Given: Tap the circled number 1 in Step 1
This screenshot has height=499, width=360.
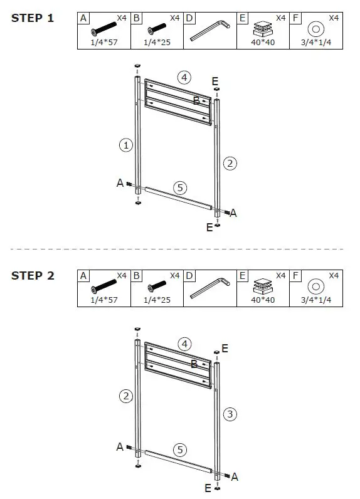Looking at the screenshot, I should pyautogui.click(x=126, y=145).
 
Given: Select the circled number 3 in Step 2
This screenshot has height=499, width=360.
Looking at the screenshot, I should pyautogui.click(x=230, y=414).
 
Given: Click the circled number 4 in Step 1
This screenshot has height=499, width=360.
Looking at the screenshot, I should pyautogui.click(x=184, y=77).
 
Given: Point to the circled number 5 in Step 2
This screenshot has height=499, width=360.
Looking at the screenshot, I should pyautogui.click(x=180, y=449).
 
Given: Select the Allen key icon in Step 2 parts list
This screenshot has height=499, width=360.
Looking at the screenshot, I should pyautogui.click(x=209, y=288).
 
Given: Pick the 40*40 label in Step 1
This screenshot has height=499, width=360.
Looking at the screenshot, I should pyautogui.click(x=263, y=43).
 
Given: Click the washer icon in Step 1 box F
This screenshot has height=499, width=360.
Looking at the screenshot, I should pyautogui.click(x=316, y=29).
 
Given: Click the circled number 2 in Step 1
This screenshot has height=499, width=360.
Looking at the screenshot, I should pyautogui.click(x=230, y=164).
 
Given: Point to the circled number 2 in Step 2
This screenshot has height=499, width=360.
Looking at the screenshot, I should pyautogui.click(x=126, y=396).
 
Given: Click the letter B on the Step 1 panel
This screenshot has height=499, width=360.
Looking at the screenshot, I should pyautogui.click(x=196, y=100).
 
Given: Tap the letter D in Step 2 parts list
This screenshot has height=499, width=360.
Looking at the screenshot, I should pyautogui.click(x=189, y=276).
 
